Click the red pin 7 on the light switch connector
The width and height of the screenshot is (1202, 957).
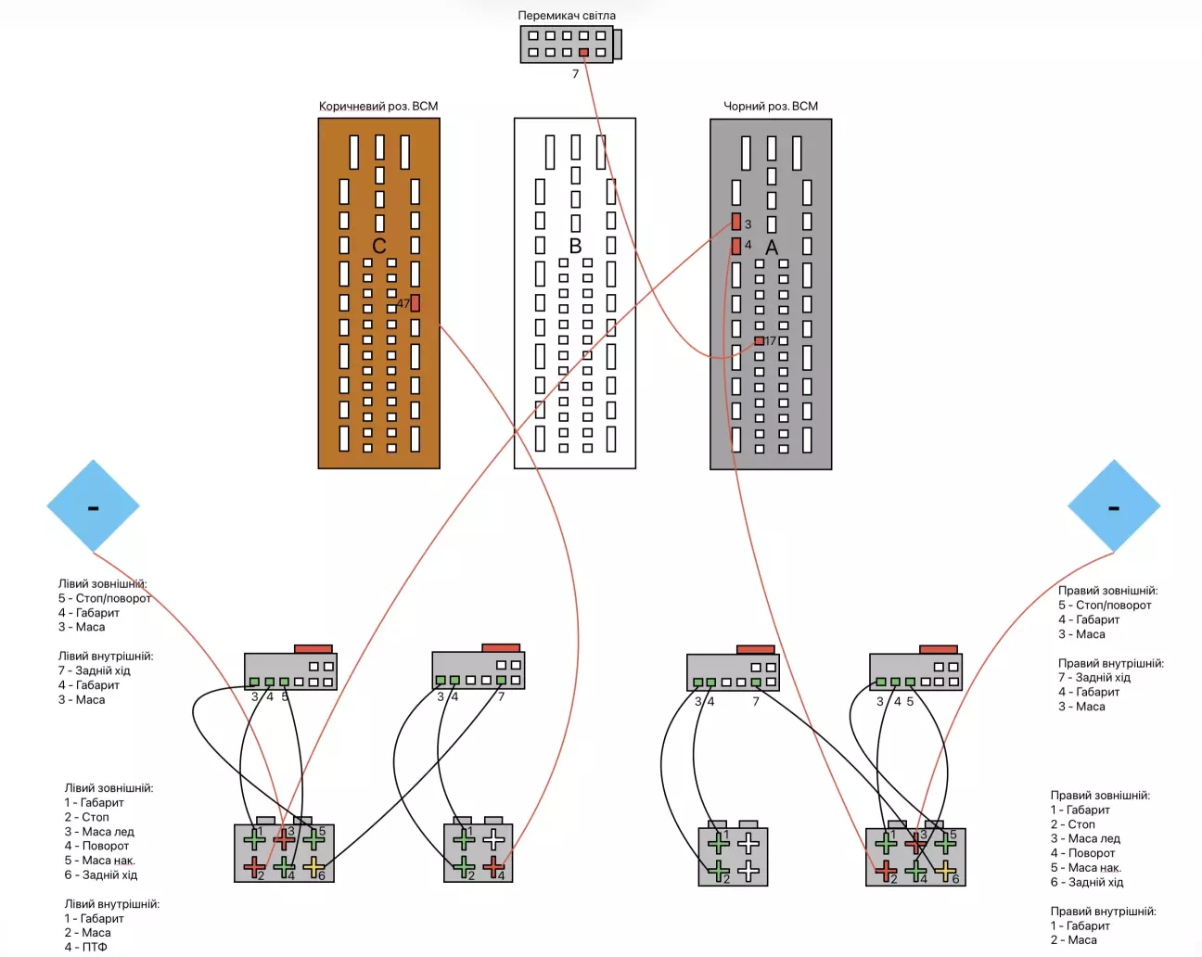(583, 53)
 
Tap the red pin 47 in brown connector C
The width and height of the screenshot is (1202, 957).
(415, 303)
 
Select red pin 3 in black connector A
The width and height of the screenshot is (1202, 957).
(736, 223)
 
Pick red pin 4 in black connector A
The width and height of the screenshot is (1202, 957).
(736, 246)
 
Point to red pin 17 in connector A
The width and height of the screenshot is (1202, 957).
(759, 341)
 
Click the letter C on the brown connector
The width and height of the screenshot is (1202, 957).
(378, 246)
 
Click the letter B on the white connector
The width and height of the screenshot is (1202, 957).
(575, 246)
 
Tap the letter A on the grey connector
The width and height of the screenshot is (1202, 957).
(772, 248)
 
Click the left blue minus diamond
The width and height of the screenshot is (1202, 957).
(93, 506)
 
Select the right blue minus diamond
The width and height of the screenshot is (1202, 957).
(1114, 506)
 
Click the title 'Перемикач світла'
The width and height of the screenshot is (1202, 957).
(566, 16)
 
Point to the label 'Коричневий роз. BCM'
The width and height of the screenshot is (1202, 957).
(378, 107)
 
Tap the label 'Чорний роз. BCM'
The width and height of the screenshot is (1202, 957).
(771, 107)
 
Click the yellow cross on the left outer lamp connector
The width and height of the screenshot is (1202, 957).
(313, 868)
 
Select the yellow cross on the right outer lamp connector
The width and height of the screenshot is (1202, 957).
(945, 871)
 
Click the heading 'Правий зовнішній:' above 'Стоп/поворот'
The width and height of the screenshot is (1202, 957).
(1107, 591)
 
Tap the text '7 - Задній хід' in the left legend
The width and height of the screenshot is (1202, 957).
(94, 670)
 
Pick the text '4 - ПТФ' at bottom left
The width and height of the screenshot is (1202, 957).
(85, 947)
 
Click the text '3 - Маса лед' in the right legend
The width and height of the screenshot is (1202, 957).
(1085, 838)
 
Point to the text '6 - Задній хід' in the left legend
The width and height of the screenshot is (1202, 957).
(100, 874)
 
